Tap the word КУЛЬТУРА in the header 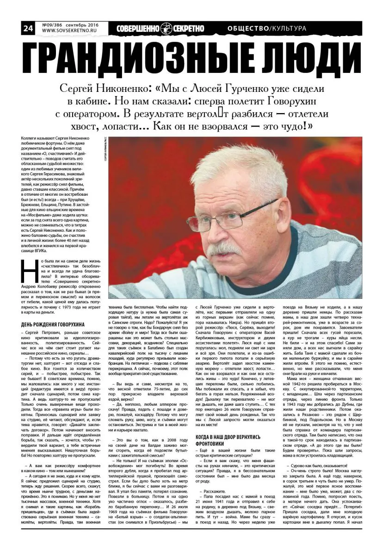[289, 29]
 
